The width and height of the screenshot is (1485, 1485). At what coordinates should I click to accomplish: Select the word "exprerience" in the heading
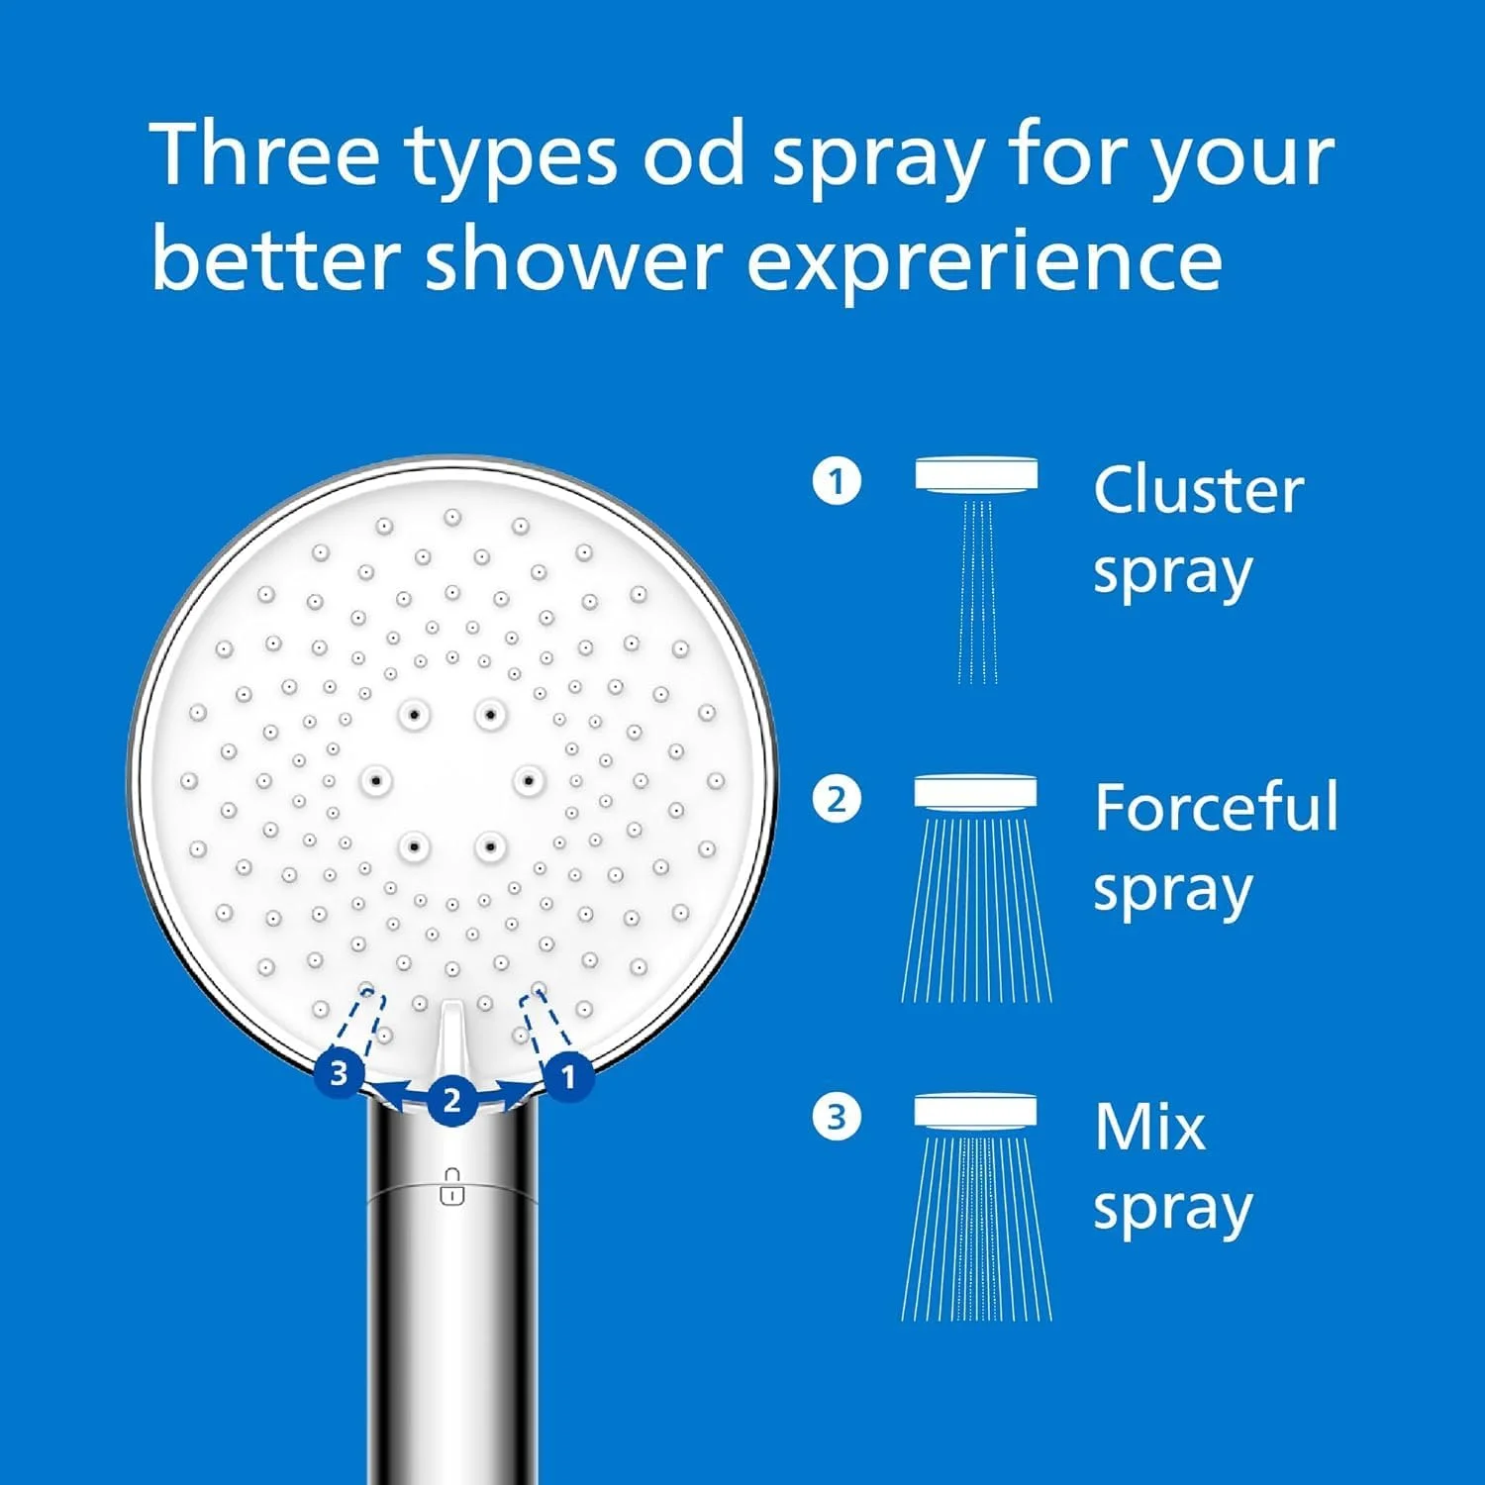point(985,262)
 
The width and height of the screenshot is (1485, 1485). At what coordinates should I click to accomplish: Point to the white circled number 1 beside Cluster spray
point(837,481)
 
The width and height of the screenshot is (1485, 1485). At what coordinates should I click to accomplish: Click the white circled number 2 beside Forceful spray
point(837,799)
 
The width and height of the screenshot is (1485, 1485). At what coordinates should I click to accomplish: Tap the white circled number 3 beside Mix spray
point(837,1118)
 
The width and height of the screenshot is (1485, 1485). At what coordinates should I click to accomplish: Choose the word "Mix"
point(1150,1127)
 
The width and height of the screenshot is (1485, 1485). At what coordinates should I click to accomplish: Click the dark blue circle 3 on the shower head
point(340,1073)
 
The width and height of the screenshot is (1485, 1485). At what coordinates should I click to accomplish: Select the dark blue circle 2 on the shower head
point(452,1100)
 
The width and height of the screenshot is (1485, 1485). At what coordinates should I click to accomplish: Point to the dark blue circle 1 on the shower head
point(568,1076)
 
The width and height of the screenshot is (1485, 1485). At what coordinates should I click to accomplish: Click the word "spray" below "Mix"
point(1173,1211)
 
